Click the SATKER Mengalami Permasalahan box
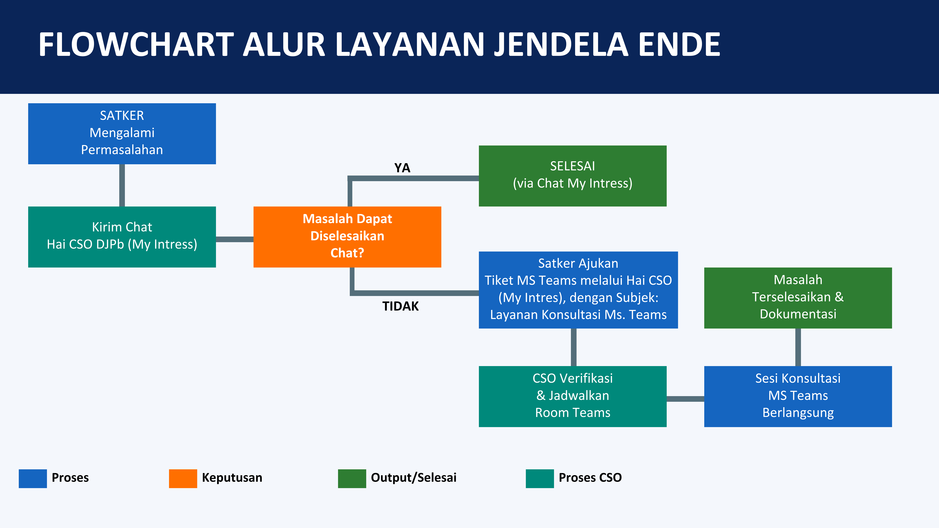pos(122,133)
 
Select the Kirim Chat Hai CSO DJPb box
pos(122,237)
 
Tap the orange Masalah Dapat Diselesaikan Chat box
pos(347,237)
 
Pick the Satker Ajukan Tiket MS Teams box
pos(578,290)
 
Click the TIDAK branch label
pos(400,306)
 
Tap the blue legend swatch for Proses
pos(33,478)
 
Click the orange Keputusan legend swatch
pos(183,478)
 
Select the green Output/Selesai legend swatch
pos(352,478)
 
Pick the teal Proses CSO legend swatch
pos(539,478)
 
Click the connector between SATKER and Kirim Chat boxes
pos(122,185)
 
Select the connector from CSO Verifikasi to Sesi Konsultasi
pos(685,399)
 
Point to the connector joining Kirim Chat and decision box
pos(234,239)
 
